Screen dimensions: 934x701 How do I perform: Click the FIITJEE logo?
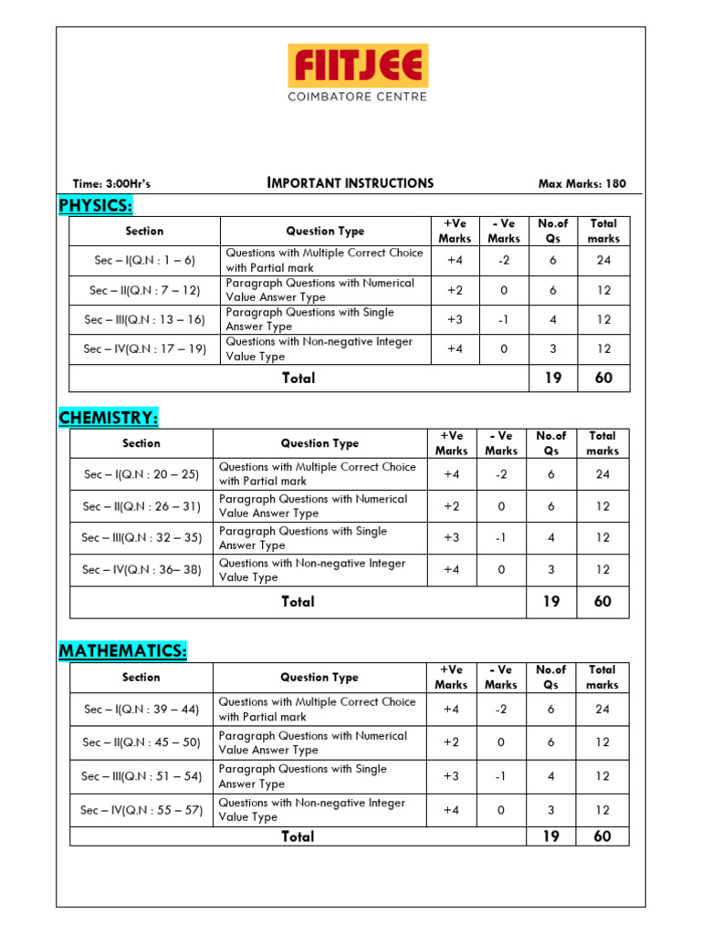358,67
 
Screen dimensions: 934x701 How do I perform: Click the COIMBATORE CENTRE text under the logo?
357,96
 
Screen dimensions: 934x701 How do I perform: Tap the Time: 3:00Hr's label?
111,183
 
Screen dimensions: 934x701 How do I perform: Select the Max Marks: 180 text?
582,183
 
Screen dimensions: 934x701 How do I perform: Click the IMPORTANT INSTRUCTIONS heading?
350,182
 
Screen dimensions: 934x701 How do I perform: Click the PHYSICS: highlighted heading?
96,205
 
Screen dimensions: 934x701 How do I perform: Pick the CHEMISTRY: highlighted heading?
109,418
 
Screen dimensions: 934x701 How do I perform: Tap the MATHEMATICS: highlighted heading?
123,651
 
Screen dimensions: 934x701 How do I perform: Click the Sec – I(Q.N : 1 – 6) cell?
144,260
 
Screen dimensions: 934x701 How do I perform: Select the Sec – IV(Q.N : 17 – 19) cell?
144,348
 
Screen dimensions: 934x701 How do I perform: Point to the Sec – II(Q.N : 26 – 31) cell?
141,506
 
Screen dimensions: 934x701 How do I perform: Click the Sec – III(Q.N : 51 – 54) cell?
141,776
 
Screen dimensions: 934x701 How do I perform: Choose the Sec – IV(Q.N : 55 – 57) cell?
141,810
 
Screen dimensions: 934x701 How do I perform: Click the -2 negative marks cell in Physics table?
503,260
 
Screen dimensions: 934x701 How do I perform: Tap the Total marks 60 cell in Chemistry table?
602,602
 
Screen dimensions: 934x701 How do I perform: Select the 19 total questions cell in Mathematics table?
551,836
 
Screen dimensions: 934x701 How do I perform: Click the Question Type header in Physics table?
325,231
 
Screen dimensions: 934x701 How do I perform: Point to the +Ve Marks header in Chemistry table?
452,443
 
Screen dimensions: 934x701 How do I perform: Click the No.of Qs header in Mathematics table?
551,677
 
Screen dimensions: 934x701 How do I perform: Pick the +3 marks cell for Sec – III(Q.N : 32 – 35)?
452,538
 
